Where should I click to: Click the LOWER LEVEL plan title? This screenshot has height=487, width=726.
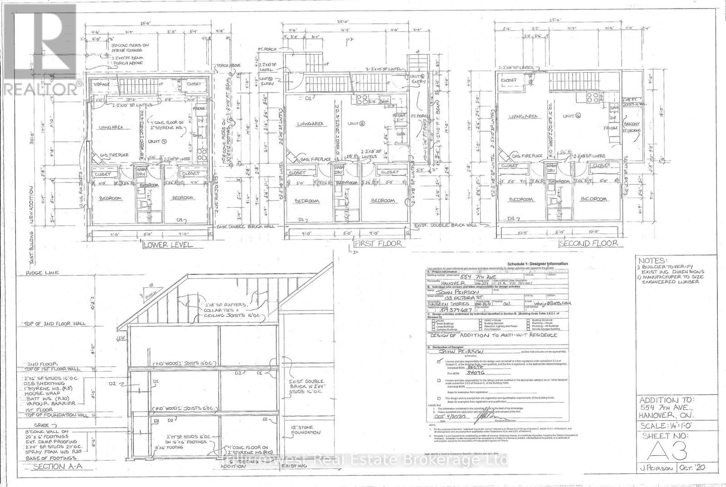pos(167,244)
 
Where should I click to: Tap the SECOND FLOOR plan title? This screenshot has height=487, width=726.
pos(589,243)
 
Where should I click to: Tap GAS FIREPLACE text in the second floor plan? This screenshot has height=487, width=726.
pos(527,156)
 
